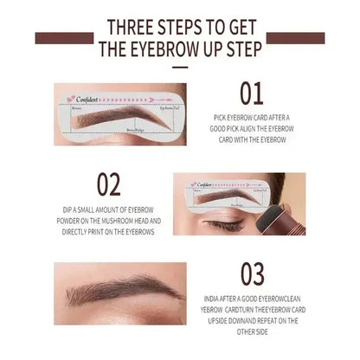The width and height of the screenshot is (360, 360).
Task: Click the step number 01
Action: [x=252, y=93]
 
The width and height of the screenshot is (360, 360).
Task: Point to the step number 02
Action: [x=108, y=184]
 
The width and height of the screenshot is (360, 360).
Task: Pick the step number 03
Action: [x=252, y=274]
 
